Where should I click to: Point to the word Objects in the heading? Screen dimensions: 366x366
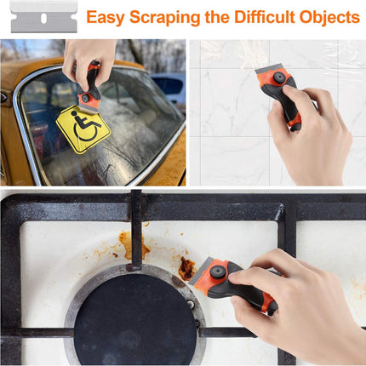pyautogui.click(x=332, y=17)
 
